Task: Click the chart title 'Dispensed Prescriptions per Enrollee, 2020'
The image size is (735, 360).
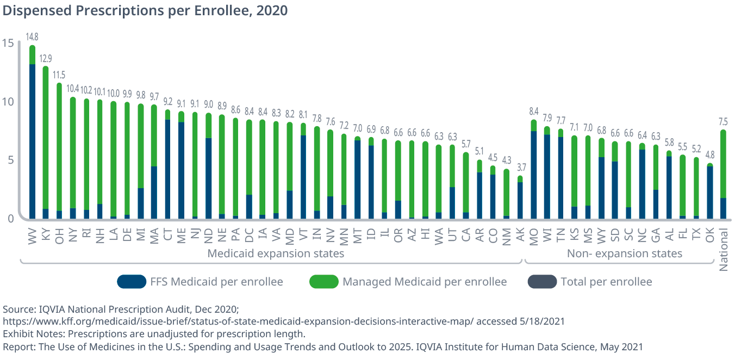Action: click(145, 10)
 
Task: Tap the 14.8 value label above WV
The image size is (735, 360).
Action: click(32, 37)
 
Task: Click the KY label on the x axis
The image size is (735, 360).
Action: click(46, 234)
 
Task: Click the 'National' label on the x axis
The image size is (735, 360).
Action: click(724, 250)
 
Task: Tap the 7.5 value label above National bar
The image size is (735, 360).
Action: click(723, 121)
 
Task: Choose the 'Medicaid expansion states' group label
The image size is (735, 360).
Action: click(276, 253)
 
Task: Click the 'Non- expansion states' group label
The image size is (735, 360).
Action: click(624, 253)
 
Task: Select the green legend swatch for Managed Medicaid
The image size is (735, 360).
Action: click(323, 282)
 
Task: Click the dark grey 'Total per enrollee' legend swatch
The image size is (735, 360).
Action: click(542, 282)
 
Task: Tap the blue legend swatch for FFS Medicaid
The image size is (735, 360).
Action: click(132, 282)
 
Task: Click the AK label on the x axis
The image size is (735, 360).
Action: click(520, 234)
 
